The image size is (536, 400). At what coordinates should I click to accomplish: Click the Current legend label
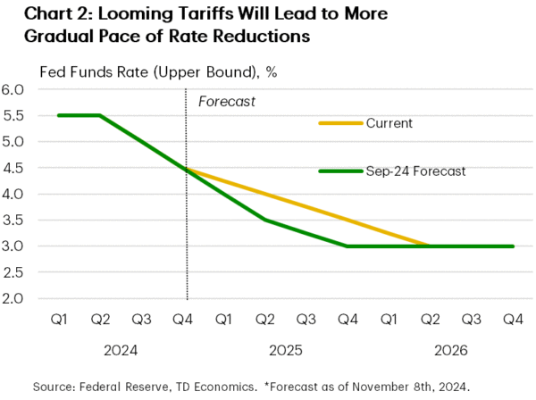tap(389, 123)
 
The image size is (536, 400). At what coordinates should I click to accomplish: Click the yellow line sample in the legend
tap(340, 123)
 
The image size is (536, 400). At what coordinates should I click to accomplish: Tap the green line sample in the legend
tap(340, 171)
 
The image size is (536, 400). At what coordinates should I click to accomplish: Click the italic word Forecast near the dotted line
tap(226, 102)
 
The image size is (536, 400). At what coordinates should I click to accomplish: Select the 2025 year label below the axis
tap(286, 353)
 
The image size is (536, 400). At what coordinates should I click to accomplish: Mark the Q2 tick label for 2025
tap(266, 320)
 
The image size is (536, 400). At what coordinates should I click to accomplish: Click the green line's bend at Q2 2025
tap(266, 220)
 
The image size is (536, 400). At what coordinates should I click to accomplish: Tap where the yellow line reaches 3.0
tap(430, 246)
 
